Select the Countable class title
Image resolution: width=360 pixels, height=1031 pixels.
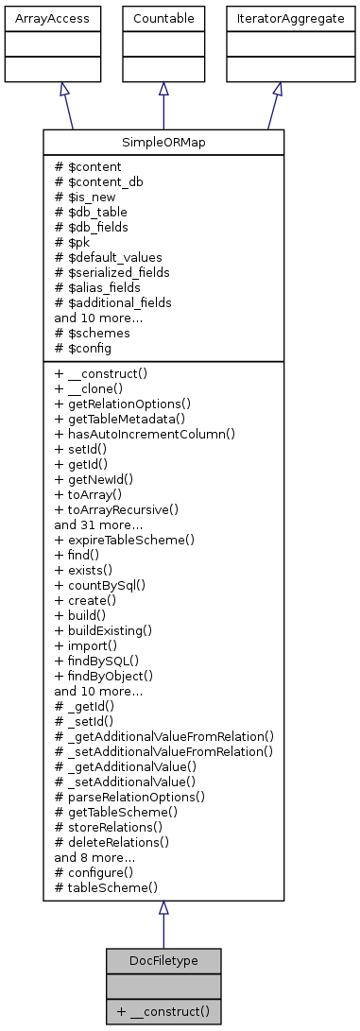coord(163,18)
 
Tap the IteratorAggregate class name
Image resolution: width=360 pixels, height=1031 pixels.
coord(277,18)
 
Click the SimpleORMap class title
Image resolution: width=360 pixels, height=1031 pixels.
coord(163,142)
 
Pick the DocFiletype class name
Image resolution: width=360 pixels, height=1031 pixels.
coord(163,961)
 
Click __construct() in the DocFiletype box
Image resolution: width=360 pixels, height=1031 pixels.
coord(163,1012)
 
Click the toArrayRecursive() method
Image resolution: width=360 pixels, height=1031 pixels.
coord(117,508)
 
